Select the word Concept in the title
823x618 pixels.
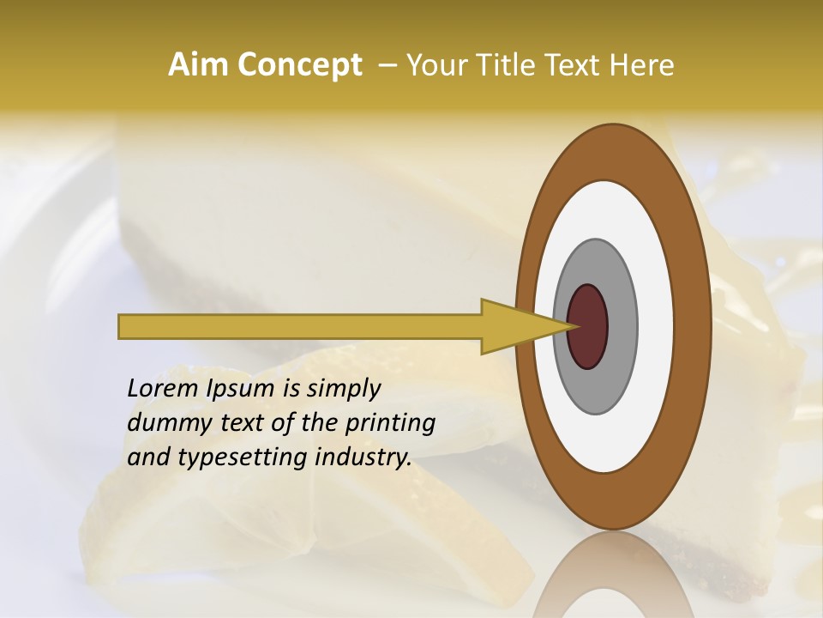click(299, 65)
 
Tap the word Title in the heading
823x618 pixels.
click(498, 65)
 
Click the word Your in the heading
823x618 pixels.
click(435, 65)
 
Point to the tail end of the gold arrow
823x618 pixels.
click(125, 326)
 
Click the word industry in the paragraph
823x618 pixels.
click(363, 457)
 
